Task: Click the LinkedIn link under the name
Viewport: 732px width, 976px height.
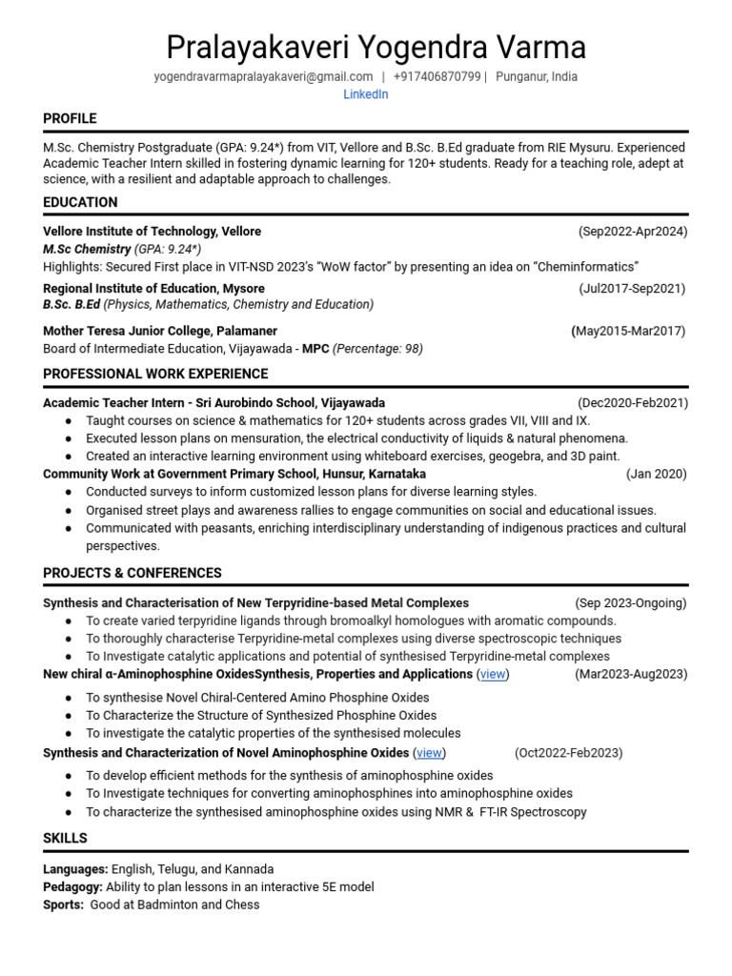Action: click(x=365, y=94)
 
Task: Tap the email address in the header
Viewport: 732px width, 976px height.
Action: click(x=263, y=76)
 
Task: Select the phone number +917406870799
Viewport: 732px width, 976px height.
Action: click(x=437, y=76)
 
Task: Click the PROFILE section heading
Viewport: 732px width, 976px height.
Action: click(x=70, y=118)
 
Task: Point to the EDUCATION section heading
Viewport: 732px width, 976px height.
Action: click(x=80, y=202)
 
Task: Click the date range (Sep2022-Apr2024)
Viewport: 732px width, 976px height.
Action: click(x=632, y=232)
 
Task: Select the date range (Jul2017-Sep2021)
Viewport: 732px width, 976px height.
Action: click(x=631, y=289)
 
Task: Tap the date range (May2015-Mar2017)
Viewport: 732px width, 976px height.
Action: click(x=628, y=331)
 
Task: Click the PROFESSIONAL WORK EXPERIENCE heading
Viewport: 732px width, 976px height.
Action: click(x=155, y=374)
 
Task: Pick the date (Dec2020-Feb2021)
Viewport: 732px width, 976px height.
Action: click(x=632, y=403)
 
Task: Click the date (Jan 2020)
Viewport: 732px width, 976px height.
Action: click(x=656, y=474)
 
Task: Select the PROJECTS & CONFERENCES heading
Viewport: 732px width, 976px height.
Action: click(x=132, y=573)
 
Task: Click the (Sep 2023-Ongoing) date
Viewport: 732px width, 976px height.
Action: click(x=630, y=603)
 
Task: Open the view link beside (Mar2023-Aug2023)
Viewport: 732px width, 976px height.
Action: click(x=493, y=674)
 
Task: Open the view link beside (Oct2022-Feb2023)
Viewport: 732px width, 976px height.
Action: click(x=429, y=753)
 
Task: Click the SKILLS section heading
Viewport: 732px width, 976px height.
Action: click(x=65, y=838)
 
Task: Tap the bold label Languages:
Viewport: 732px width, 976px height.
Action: click(x=75, y=869)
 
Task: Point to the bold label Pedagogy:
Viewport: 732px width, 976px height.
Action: click(x=72, y=886)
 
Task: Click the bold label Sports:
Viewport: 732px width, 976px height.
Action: click(x=63, y=905)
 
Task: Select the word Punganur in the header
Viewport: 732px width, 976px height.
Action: click(x=524, y=76)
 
